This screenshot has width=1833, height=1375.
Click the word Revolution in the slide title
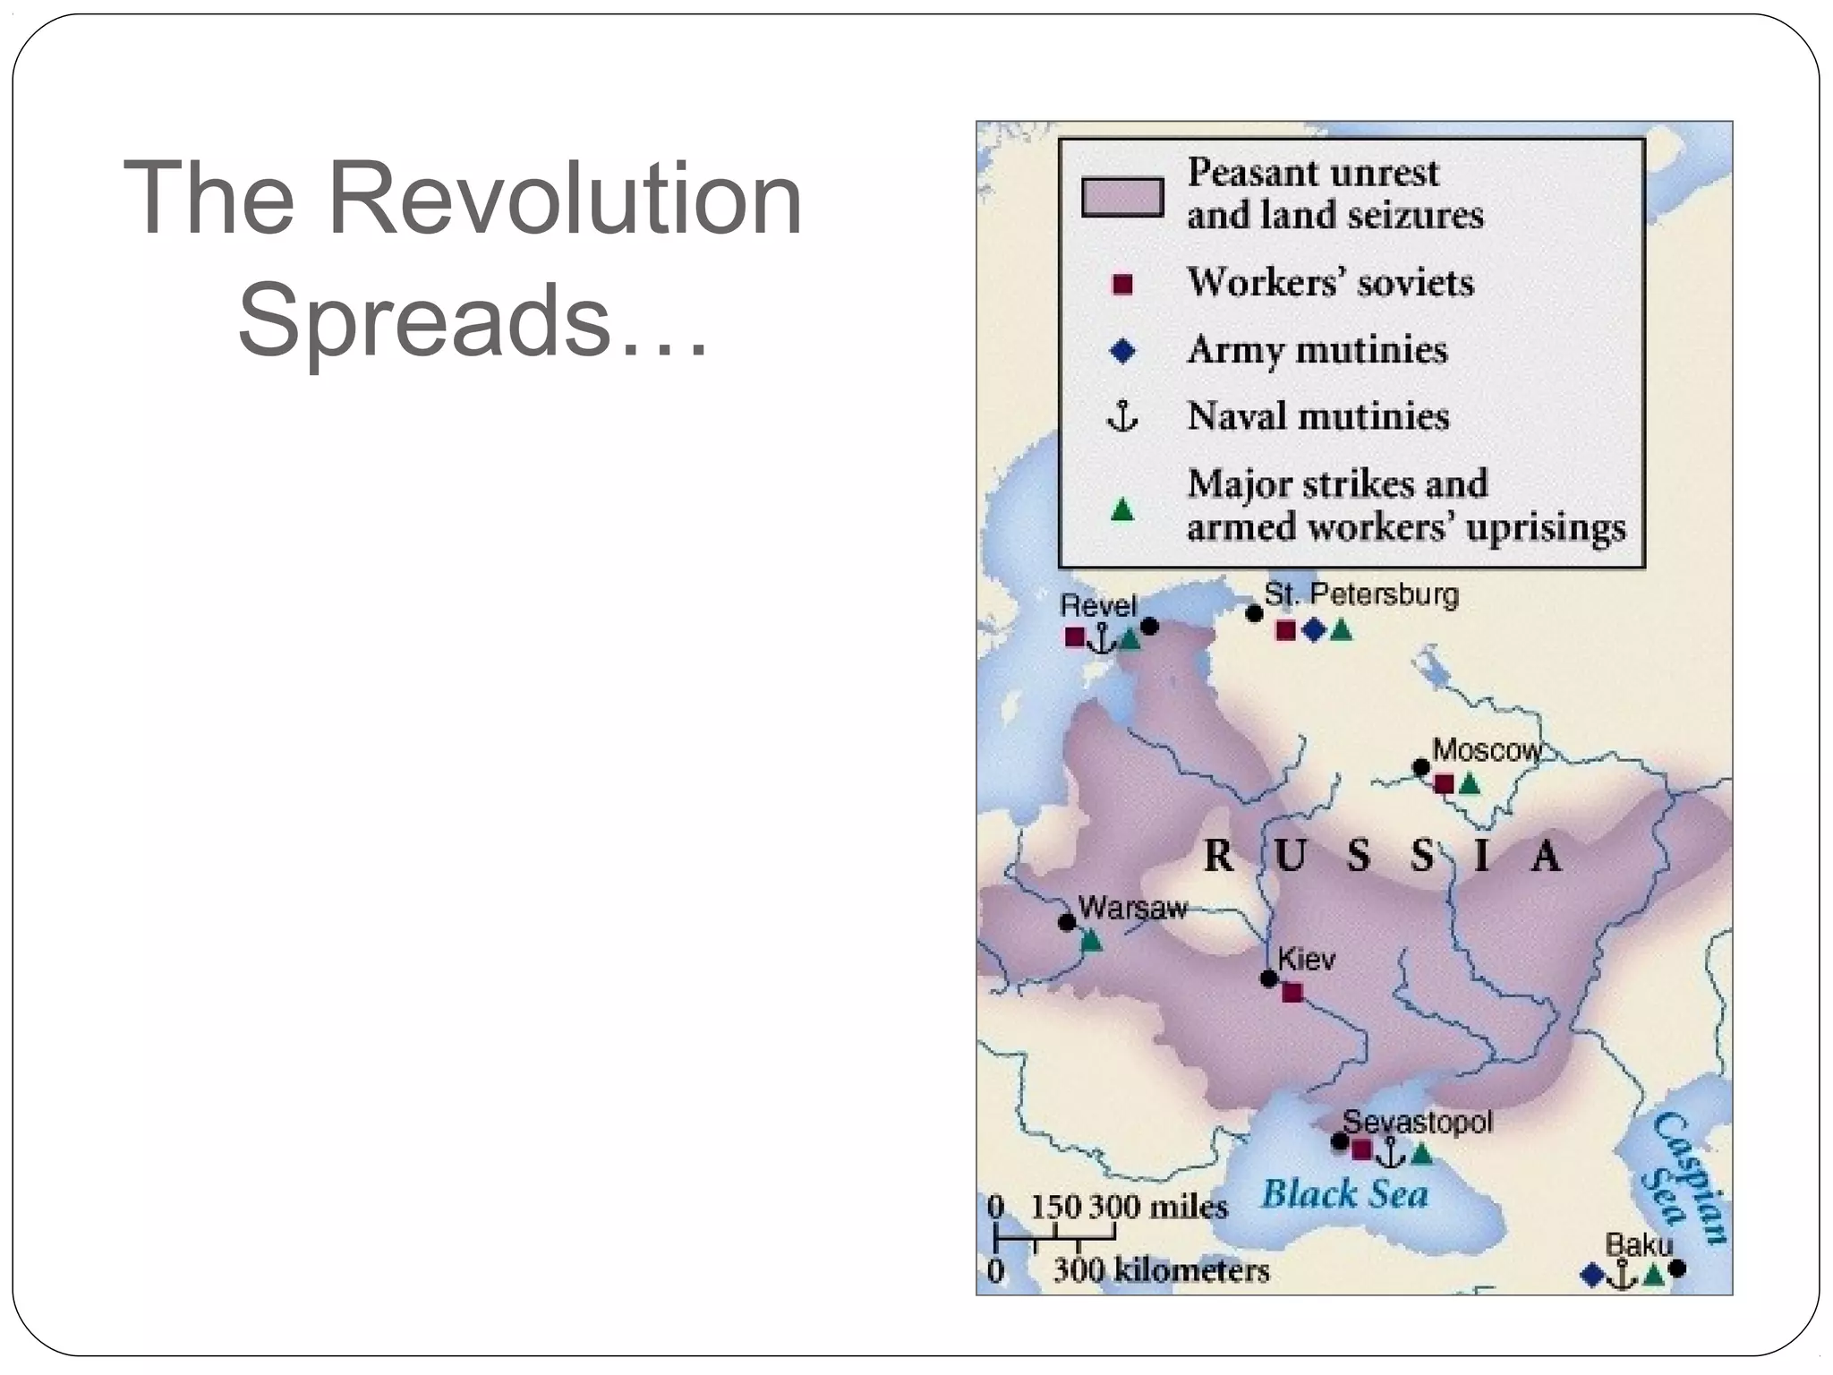coord(565,198)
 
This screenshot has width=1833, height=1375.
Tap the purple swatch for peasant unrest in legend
coord(1122,197)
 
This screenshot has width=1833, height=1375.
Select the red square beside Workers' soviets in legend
coord(1121,284)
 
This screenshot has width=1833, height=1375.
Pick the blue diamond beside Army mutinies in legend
coord(1121,351)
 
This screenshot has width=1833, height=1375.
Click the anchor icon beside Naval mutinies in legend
coord(1121,416)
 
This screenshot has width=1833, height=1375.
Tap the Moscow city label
coord(1487,750)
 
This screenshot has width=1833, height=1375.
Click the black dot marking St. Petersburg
coord(1254,613)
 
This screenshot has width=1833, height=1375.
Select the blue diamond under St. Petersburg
coord(1313,630)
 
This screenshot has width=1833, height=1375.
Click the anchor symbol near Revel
coord(1103,638)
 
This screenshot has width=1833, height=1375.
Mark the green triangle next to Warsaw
coord(1090,941)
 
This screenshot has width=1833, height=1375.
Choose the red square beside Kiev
coord(1292,992)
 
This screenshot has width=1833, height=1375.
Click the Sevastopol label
coord(1418,1122)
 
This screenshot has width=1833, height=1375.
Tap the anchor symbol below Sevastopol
coord(1391,1153)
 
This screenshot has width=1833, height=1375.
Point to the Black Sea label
coord(1344,1194)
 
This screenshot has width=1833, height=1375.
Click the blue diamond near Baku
coord(1592,1275)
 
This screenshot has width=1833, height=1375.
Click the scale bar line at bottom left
coord(1055,1238)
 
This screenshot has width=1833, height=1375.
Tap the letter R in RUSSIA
coord(1218,856)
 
